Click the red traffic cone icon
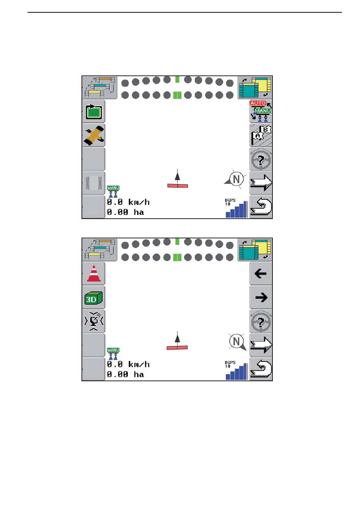[x=94, y=273]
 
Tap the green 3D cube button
[x=93, y=298]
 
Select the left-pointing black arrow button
[x=261, y=274]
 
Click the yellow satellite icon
[x=94, y=135]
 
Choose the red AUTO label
[x=258, y=103]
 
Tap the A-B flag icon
[x=261, y=135]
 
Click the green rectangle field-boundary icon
[x=94, y=112]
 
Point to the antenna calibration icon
[x=94, y=321]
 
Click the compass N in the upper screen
[x=236, y=179]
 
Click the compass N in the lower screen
[x=236, y=341]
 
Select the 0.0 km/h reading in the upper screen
[x=128, y=202]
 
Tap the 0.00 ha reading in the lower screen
[x=125, y=374]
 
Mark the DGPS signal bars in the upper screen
[x=236, y=210]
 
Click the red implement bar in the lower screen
[x=177, y=347]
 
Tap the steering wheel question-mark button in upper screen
[x=261, y=160]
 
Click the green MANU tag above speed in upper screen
[x=113, y=188]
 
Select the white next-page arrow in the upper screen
[x=261, y=183]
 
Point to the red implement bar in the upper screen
[x=177, y=185]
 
